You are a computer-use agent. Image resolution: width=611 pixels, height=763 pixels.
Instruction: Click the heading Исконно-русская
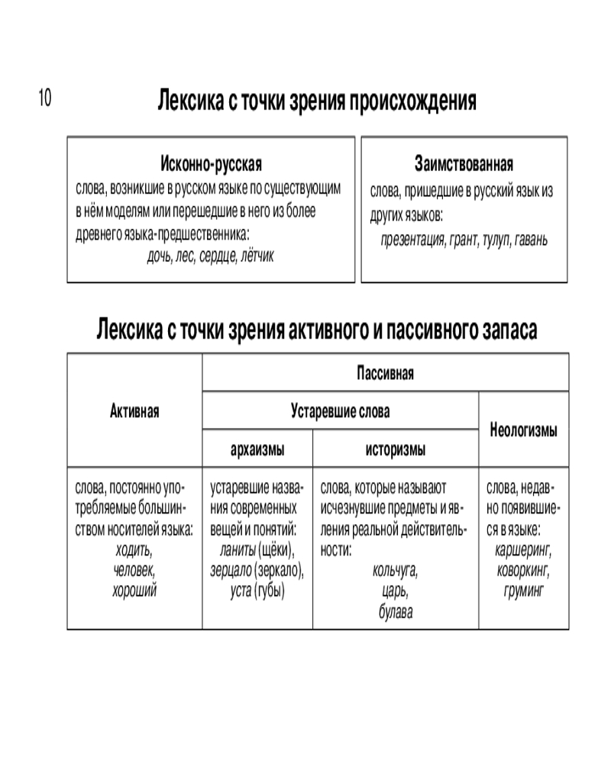[x=211, y=164]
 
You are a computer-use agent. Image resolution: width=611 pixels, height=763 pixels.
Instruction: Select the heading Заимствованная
[x=464, y=164]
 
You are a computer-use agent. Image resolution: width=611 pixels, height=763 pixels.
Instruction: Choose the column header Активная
[x=134, y=412]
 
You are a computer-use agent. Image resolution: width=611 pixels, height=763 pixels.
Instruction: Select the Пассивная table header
[x=385, y=373]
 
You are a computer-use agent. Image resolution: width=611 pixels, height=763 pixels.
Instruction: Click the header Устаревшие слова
[x=340, y=412]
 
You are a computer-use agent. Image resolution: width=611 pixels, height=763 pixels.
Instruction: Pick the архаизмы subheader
[x=257, y=449]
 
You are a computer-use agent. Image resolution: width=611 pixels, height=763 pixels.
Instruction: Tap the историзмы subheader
[x=395, y=449]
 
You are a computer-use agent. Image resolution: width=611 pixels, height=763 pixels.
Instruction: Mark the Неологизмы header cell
[x=523, y=430]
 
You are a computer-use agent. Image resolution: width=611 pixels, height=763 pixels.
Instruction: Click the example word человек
[x=134, y=570]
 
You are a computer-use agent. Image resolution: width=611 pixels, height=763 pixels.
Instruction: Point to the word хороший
[x=134, y=589]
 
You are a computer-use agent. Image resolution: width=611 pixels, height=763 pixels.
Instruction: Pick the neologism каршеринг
[x=523, y=550]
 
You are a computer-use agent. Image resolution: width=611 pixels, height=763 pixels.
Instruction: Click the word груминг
[x=523, y=589]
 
